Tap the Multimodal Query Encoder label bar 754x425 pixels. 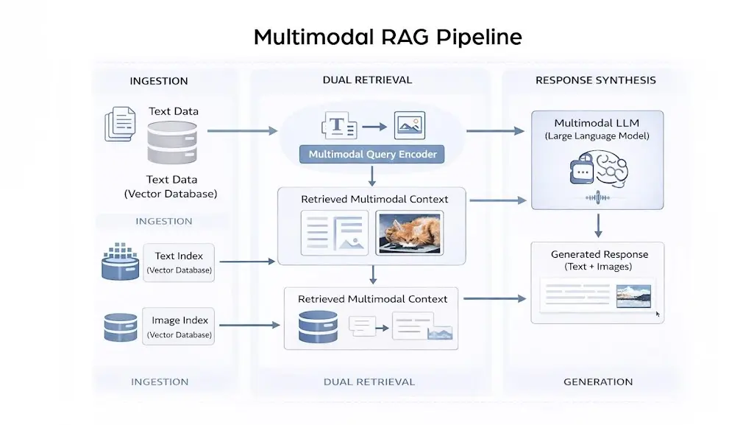click(x=372, y=155)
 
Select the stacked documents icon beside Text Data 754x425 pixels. click(x=120, y=123)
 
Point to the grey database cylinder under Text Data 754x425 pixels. click(x=173, y=142)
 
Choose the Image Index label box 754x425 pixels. click(x=179, y=326)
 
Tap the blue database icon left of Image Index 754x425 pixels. click(x=121, y=327)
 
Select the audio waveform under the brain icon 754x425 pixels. click(x=597, y=197)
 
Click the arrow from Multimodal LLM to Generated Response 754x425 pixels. click(x=598, y=224)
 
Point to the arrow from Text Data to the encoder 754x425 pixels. click(x=242, y=131)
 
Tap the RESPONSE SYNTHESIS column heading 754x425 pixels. click(x=595, y=80)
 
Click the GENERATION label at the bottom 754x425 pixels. click(x=597, y=382)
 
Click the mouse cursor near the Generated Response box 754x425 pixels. click(x=658, y=314)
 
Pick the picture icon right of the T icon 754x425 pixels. click(x=410, y=126)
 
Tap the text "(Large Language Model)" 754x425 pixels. click(x=597, y=136)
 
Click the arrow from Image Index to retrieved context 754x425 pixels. click(x=250, y=325)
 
